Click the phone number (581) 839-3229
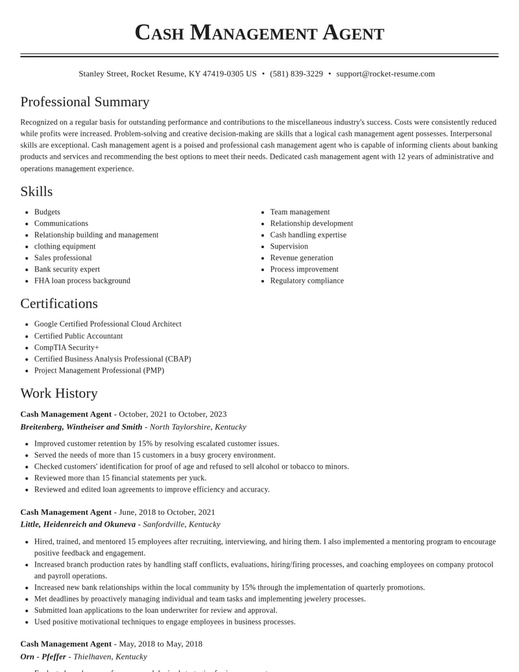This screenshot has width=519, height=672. [x=296, y=74]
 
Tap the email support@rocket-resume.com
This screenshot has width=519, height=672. [x=385, y=74]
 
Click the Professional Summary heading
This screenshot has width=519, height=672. [x=85, y=102]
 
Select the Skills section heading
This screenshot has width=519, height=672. [x=36, y=192]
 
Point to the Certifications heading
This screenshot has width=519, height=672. [x=59, y=303]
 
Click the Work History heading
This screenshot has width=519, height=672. [x=59, y=393]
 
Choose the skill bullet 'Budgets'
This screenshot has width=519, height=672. [x=47, y=212]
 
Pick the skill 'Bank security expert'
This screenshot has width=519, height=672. [x=67, y=269]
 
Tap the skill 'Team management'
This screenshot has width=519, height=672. [x=300, y=212]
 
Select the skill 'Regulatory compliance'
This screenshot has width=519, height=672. [x=307, y=280]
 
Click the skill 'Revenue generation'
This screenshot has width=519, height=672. [x=302, y=258]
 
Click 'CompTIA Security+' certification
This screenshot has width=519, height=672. [x=67, y=347]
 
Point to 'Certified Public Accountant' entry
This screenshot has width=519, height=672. [x=78, y=336]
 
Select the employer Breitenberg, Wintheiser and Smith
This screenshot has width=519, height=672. [x=81, y=427]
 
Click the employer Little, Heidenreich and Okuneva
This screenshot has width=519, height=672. [x=78, y=524]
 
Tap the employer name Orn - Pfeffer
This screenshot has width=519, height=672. [x=43, y=656]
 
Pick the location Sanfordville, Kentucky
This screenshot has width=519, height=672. [x=182, y=524]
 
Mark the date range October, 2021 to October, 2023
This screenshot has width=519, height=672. [x=173, y=414]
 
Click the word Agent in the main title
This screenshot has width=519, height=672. [x=353, y=32]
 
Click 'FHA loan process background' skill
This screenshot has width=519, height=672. [x=82, y=280]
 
